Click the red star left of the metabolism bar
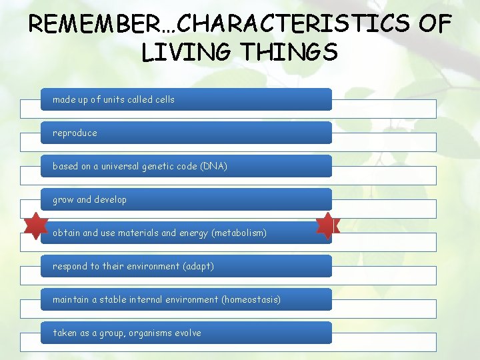[35, 225]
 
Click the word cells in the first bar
[164, 99]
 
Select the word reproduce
[75, 133]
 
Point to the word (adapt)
[200, 266]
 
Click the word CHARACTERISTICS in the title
[293, 25]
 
